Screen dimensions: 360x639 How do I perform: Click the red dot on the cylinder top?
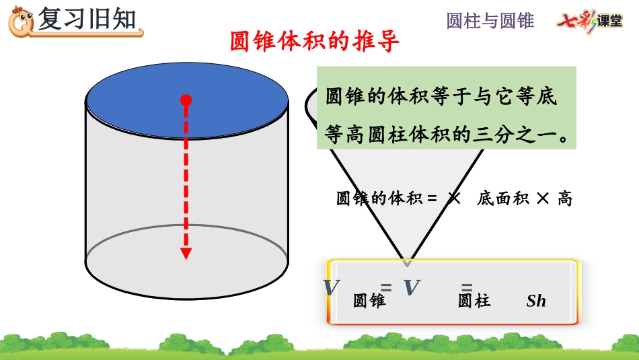tap(186, 100)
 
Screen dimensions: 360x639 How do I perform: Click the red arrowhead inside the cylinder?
tap(186, 254)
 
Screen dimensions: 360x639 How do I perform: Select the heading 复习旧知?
tap(87, 20)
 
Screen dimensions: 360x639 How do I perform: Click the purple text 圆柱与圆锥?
tap(490, 21)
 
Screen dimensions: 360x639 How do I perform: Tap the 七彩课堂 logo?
tap(589, 21)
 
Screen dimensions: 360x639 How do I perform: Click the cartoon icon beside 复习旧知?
tap(21, 22)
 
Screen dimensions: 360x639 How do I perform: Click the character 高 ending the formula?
tap(564, 199)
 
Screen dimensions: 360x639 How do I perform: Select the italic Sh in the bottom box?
tap(536, 301)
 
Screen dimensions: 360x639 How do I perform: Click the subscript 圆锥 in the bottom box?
tap(369, 301)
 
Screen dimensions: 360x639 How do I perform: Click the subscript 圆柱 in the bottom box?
tap(474, 301)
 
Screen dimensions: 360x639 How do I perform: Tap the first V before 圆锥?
tap(331, 287)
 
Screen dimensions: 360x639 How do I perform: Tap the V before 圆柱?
tap(411, 287)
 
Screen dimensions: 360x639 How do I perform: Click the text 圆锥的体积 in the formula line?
tap(379, 199)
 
